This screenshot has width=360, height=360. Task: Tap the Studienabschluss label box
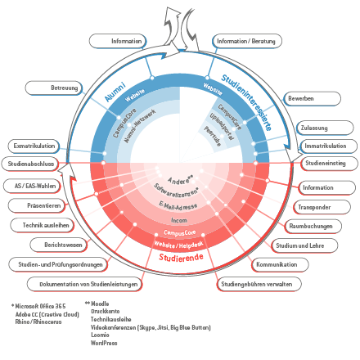tap(32, 164)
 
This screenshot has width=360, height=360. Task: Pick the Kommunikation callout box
tap(276, 264)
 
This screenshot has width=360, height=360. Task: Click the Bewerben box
tap(301, 99)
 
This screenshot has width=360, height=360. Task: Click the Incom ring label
tap(178, 220)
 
